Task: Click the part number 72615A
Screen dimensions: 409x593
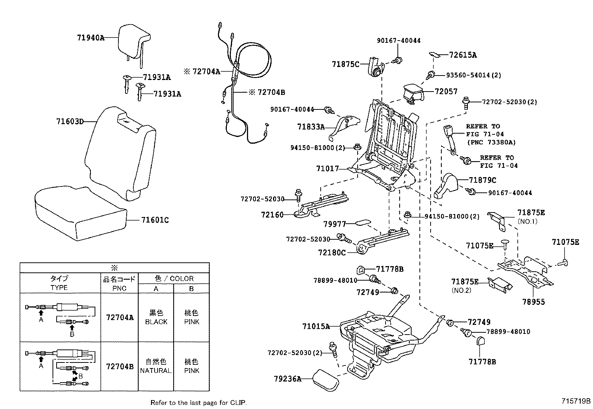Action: pos(463,55)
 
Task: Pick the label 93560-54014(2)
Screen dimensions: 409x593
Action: pos(473,75)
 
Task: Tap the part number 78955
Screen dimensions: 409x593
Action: pos(533,302)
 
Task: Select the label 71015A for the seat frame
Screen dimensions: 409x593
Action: pos(316,327)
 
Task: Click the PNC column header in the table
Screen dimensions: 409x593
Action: pos(119,288)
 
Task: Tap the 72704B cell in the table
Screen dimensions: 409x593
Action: pos(120,367)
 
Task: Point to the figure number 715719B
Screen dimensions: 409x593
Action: pos(576,401)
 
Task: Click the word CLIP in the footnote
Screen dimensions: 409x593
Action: pos(238,402)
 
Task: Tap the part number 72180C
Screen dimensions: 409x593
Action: pos(332,252)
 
